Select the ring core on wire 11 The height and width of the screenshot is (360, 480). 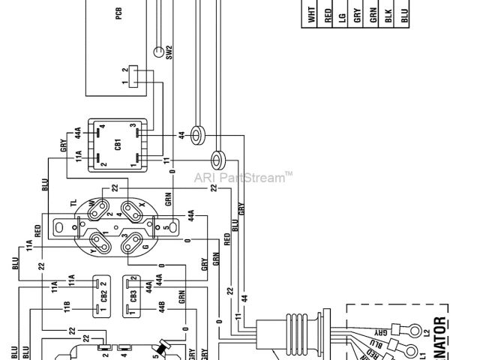(219, 159)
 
